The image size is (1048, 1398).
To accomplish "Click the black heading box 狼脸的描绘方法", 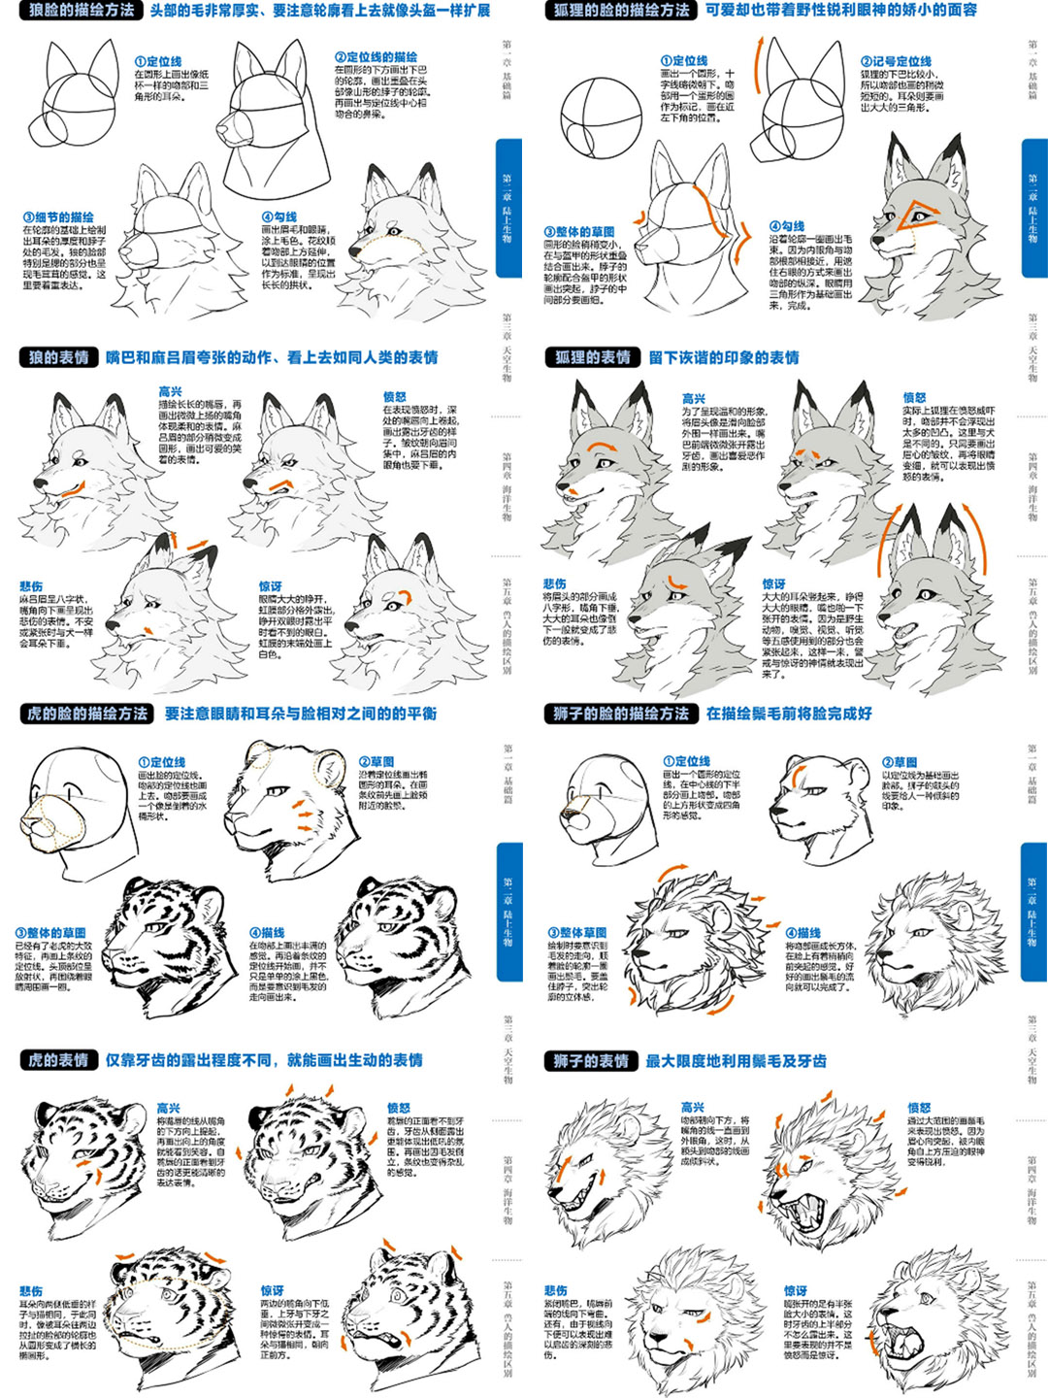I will [x=82, y=11].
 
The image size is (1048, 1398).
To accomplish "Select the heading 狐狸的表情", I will [x=592, y=357].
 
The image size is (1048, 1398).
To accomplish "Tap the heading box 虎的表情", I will [x=58, y=1060].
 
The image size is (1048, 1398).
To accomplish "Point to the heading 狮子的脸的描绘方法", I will [x=620, y=714].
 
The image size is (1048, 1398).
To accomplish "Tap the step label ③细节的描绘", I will [x=58, y=217].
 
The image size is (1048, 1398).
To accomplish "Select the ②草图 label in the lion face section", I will [x=900, y=762].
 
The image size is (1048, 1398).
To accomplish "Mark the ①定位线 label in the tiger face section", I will [x=162, y=762].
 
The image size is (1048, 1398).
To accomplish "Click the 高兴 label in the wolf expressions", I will [x=171, y=391].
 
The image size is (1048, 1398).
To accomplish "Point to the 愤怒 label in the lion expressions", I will [x=919, y=1108].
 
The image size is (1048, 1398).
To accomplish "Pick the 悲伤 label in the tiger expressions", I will [x=31, y=1291].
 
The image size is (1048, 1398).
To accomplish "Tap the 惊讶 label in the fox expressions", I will [x=773, y=584].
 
